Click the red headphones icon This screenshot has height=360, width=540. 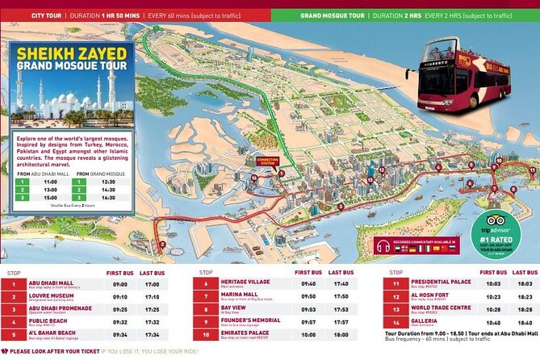point(382,247)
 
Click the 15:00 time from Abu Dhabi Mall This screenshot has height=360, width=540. point(50,207)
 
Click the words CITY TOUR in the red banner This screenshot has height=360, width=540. point(29,14)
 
